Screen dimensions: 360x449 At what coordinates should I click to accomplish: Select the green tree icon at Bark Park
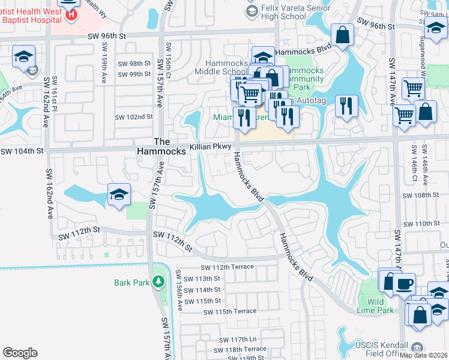(158, 281)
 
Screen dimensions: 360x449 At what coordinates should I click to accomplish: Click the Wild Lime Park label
(380, 306)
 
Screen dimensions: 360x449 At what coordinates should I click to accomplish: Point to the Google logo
(20, 353)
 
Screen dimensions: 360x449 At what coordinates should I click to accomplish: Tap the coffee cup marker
(404, 282)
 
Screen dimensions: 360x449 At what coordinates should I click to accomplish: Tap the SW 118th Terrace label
(239, 349)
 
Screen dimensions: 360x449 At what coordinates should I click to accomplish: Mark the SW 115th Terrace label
(230, 311)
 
